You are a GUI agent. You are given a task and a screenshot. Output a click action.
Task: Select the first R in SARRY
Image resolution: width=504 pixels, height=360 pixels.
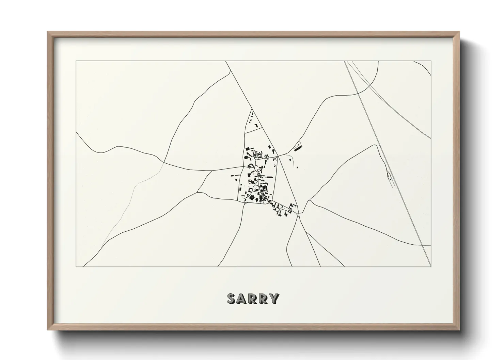click(x=253, y=298)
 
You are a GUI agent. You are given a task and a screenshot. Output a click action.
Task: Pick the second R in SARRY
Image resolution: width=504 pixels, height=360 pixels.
click(x=264, y=298)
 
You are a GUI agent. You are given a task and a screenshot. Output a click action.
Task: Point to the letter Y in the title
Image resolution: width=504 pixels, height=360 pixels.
click(x=274, y=298)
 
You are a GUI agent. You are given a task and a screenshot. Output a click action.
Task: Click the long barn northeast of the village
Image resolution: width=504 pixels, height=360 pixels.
click(x=298, y=148)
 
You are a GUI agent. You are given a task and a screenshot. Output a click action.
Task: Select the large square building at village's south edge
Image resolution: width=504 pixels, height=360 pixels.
click(x=252, y=197)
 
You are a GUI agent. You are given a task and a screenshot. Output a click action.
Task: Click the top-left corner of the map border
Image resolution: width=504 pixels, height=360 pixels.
click(x=76, y=61)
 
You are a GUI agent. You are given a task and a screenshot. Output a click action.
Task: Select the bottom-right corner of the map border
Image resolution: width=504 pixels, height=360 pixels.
click(x=431, y=267)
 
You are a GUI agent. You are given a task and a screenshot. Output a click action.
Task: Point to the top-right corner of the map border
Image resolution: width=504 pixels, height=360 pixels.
click(x=431, y=61)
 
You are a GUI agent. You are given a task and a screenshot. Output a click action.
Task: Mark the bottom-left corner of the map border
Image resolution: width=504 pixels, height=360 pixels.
click(x=76, y=267)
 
